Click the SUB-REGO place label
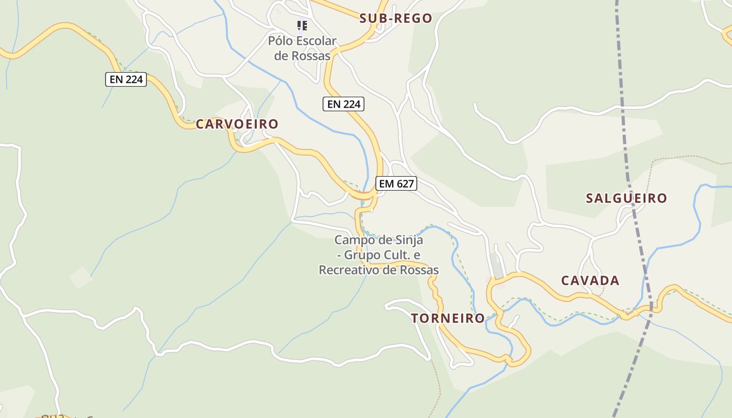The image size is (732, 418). (396, 19)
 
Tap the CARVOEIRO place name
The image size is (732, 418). (237, 124)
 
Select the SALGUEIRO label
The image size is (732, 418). (626, 199)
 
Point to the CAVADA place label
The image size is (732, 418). (590, 281)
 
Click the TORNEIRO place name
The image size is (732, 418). (448, 318)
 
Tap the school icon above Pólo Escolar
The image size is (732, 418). (302, 25)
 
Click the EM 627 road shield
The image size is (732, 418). (396, 183)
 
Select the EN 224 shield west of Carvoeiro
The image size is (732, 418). (126, 79)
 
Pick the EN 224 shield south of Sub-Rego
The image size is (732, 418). (343, 104)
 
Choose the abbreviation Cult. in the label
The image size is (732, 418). (397, 256)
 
